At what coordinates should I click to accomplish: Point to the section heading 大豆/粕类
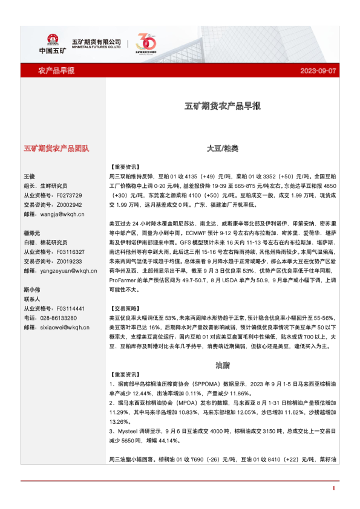coord(223,148)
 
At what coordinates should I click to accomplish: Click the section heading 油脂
coord(223,365)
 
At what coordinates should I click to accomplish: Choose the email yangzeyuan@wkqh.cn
coord(62,271)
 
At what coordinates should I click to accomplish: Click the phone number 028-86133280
coord(57,318)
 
